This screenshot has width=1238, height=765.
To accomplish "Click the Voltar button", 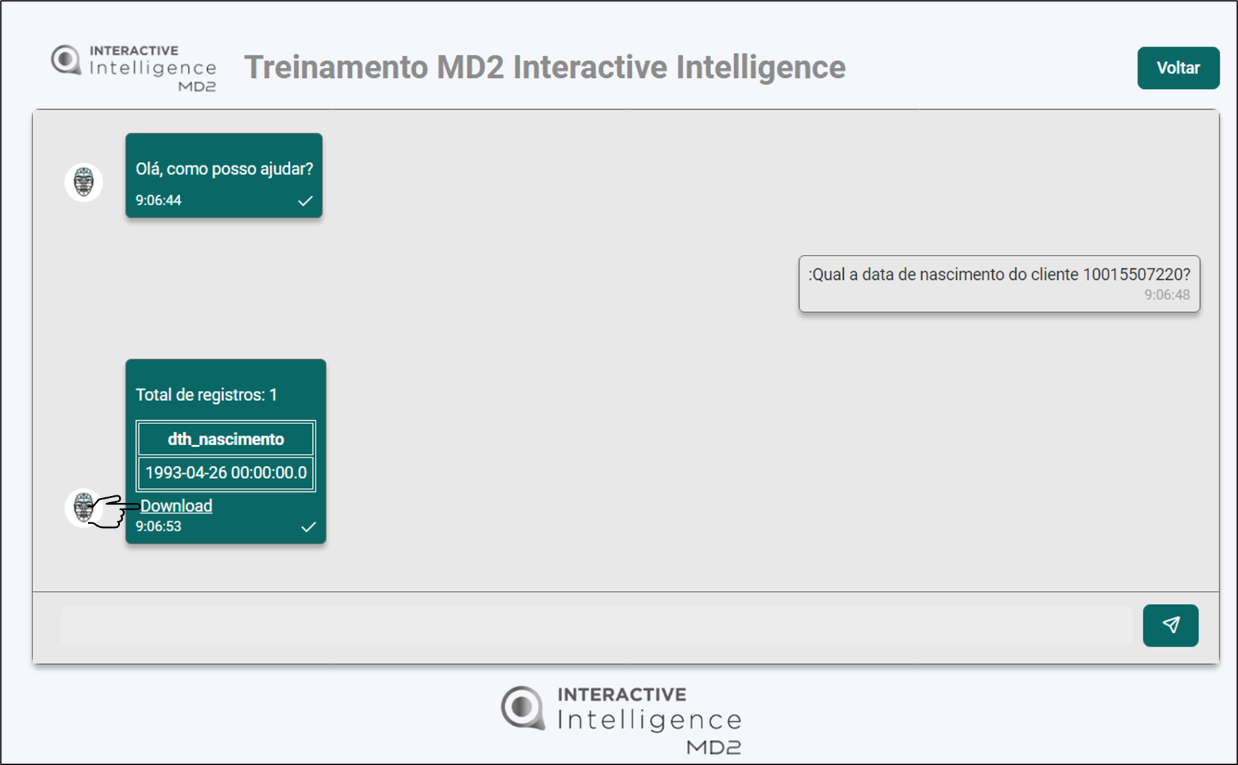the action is (1178, 68).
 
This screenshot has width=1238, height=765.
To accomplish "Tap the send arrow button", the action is (1170, 625).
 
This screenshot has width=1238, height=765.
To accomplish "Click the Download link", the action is (176, 505).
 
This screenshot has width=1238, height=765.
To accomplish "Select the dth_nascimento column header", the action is (226, 439).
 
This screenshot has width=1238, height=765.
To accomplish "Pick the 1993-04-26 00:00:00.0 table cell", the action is (226, 472).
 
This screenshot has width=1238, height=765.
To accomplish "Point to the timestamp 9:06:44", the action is (158, 200).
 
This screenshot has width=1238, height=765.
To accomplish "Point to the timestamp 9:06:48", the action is (1167, 295).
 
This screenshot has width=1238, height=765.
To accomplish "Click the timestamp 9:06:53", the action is (158, 526).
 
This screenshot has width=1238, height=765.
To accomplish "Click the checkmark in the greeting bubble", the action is (305, 201).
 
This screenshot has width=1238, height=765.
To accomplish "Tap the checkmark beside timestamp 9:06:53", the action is (308, 526).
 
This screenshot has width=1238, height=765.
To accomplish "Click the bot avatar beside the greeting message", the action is (83, 182).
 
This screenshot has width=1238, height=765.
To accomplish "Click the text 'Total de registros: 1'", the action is (207, 395).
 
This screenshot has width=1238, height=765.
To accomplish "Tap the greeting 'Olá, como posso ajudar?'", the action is (224, 169).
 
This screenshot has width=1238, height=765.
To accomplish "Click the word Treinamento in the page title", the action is (337, 67).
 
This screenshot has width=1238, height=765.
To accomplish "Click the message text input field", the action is (596, 625).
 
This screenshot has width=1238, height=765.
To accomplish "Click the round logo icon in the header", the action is (66, 60).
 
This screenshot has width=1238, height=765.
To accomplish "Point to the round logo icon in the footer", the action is (522, 708).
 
